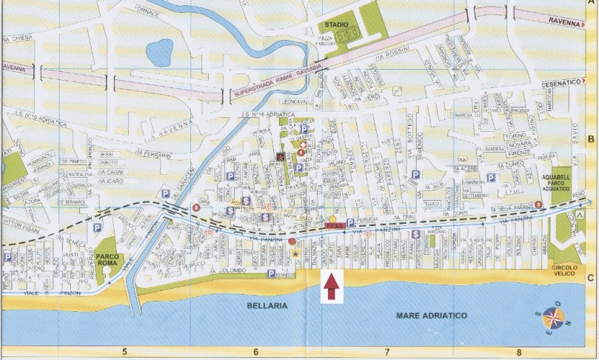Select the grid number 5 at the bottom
[x=126, y=352]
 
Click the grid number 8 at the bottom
[x=521, y=352]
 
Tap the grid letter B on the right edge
[x=590, y=139]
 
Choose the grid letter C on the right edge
[x=590, y=279]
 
